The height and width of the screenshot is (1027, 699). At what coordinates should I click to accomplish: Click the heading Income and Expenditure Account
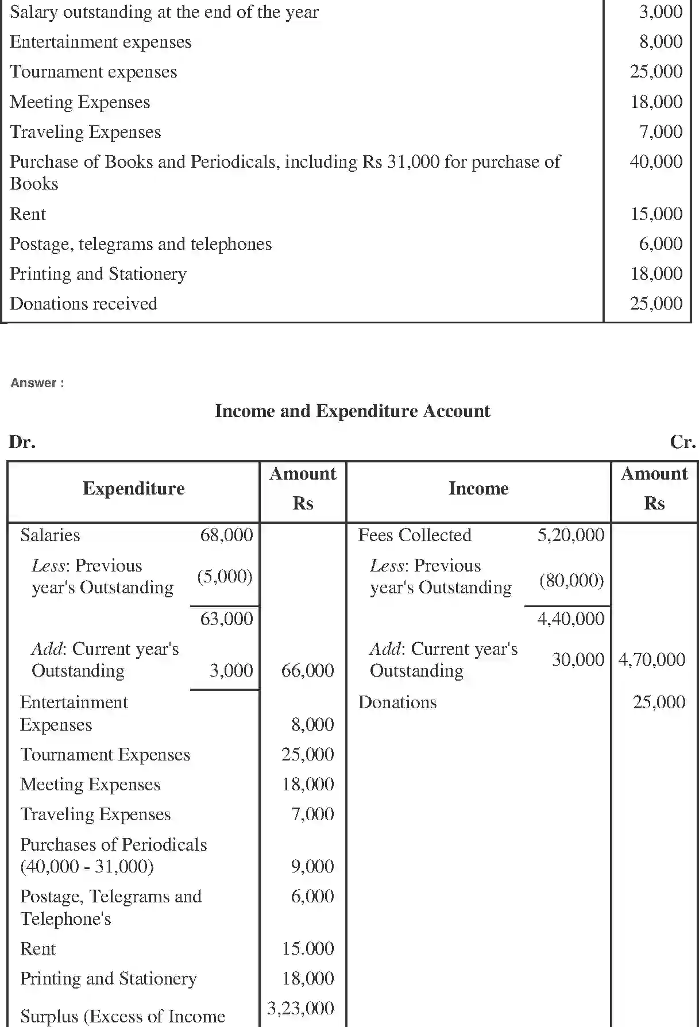352,411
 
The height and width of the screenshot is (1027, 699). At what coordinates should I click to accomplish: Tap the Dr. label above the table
22,442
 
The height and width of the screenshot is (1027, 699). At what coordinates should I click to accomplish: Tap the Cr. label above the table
682,442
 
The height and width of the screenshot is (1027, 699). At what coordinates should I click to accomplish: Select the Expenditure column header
133,489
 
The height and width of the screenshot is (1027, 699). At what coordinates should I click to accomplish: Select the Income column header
478,489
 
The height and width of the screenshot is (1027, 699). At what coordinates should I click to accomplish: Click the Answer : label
37,383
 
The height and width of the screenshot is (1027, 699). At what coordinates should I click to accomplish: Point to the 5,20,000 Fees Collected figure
570,535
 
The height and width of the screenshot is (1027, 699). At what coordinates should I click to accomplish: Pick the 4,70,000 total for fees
651,659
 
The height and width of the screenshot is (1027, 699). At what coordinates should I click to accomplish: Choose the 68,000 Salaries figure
226,535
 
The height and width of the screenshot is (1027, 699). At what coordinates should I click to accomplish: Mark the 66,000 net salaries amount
307,670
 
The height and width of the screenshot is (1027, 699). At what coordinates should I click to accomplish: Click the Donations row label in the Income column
397,702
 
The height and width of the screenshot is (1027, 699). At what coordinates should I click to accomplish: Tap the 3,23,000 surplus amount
300,1008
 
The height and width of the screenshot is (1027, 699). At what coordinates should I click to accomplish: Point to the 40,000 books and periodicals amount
656,161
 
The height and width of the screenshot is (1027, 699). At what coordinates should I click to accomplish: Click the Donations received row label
83,303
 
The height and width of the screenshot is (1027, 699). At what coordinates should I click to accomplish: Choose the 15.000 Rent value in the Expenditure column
307,948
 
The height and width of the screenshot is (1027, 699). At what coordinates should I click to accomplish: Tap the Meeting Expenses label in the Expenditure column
90,785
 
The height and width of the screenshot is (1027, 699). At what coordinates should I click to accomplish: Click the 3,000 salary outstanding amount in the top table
661,12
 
